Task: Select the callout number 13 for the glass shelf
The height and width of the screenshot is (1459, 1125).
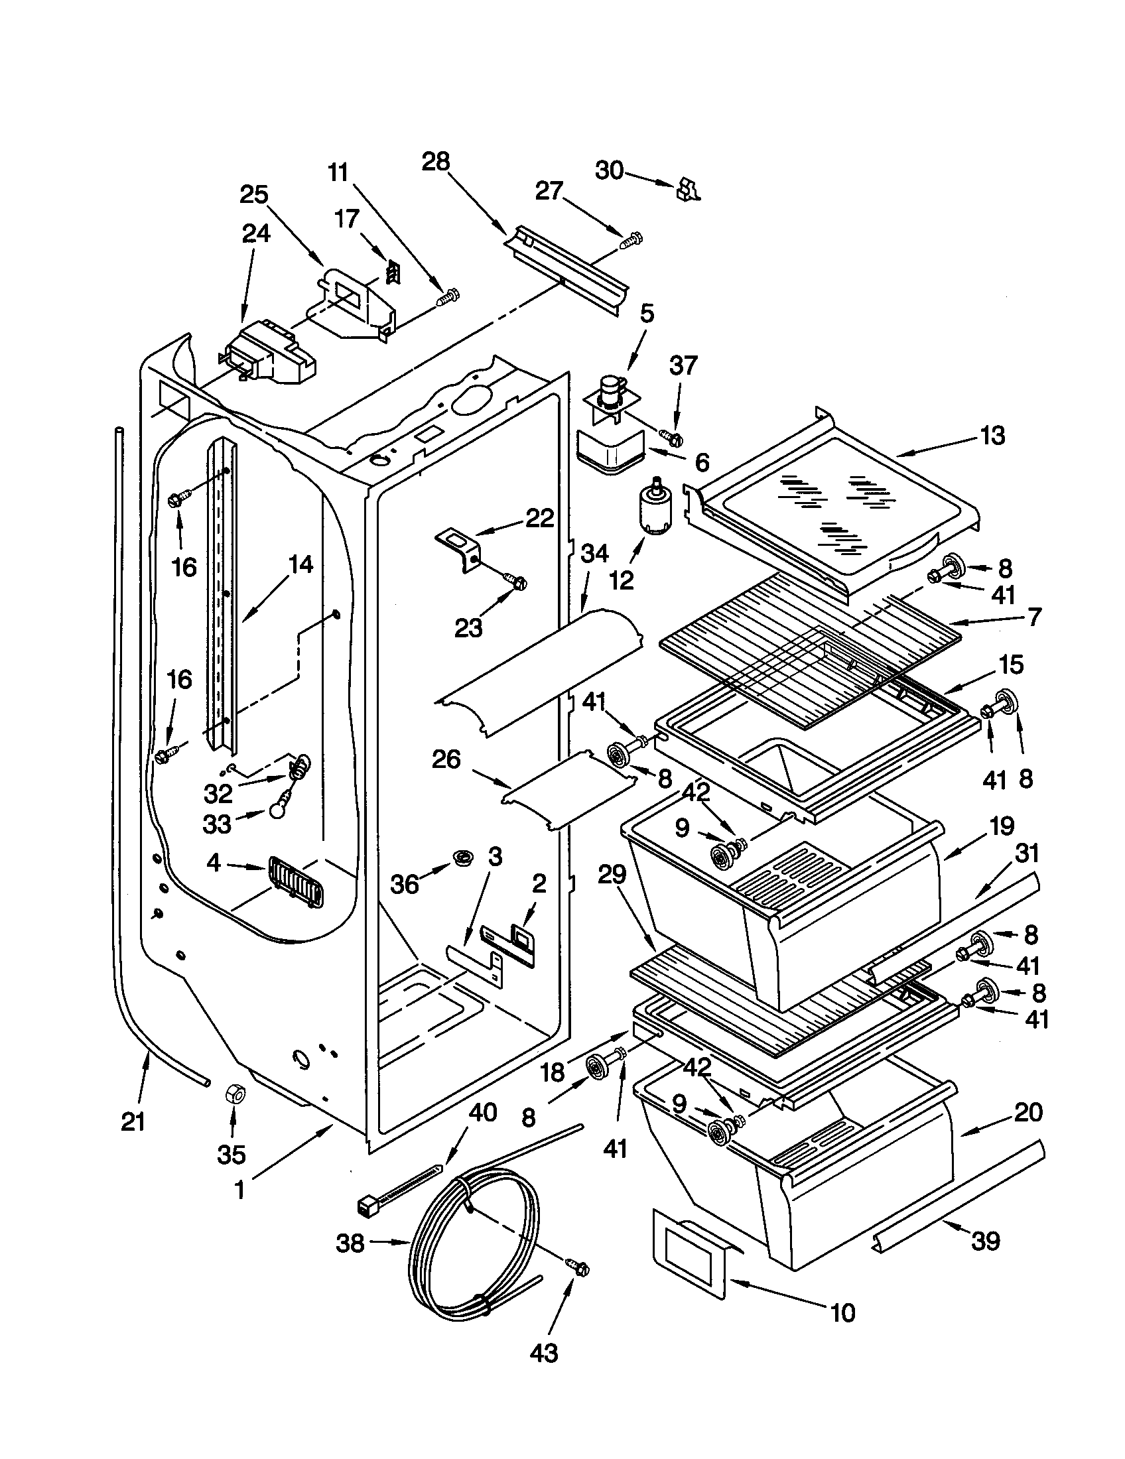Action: coord(994,436)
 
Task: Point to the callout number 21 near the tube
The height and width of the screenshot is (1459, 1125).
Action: coord(133,1122)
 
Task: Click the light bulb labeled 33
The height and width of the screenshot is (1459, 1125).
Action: coord(278,810)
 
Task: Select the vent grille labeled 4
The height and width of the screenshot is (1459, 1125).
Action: coord(295,881)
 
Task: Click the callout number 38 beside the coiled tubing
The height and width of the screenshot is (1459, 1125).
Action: coord(350,1243)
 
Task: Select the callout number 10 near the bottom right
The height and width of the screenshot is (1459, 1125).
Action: coord(843,1312)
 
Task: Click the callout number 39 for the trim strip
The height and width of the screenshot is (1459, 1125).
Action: coord(985,1241)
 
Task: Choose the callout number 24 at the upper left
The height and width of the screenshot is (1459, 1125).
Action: coord(256,233)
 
